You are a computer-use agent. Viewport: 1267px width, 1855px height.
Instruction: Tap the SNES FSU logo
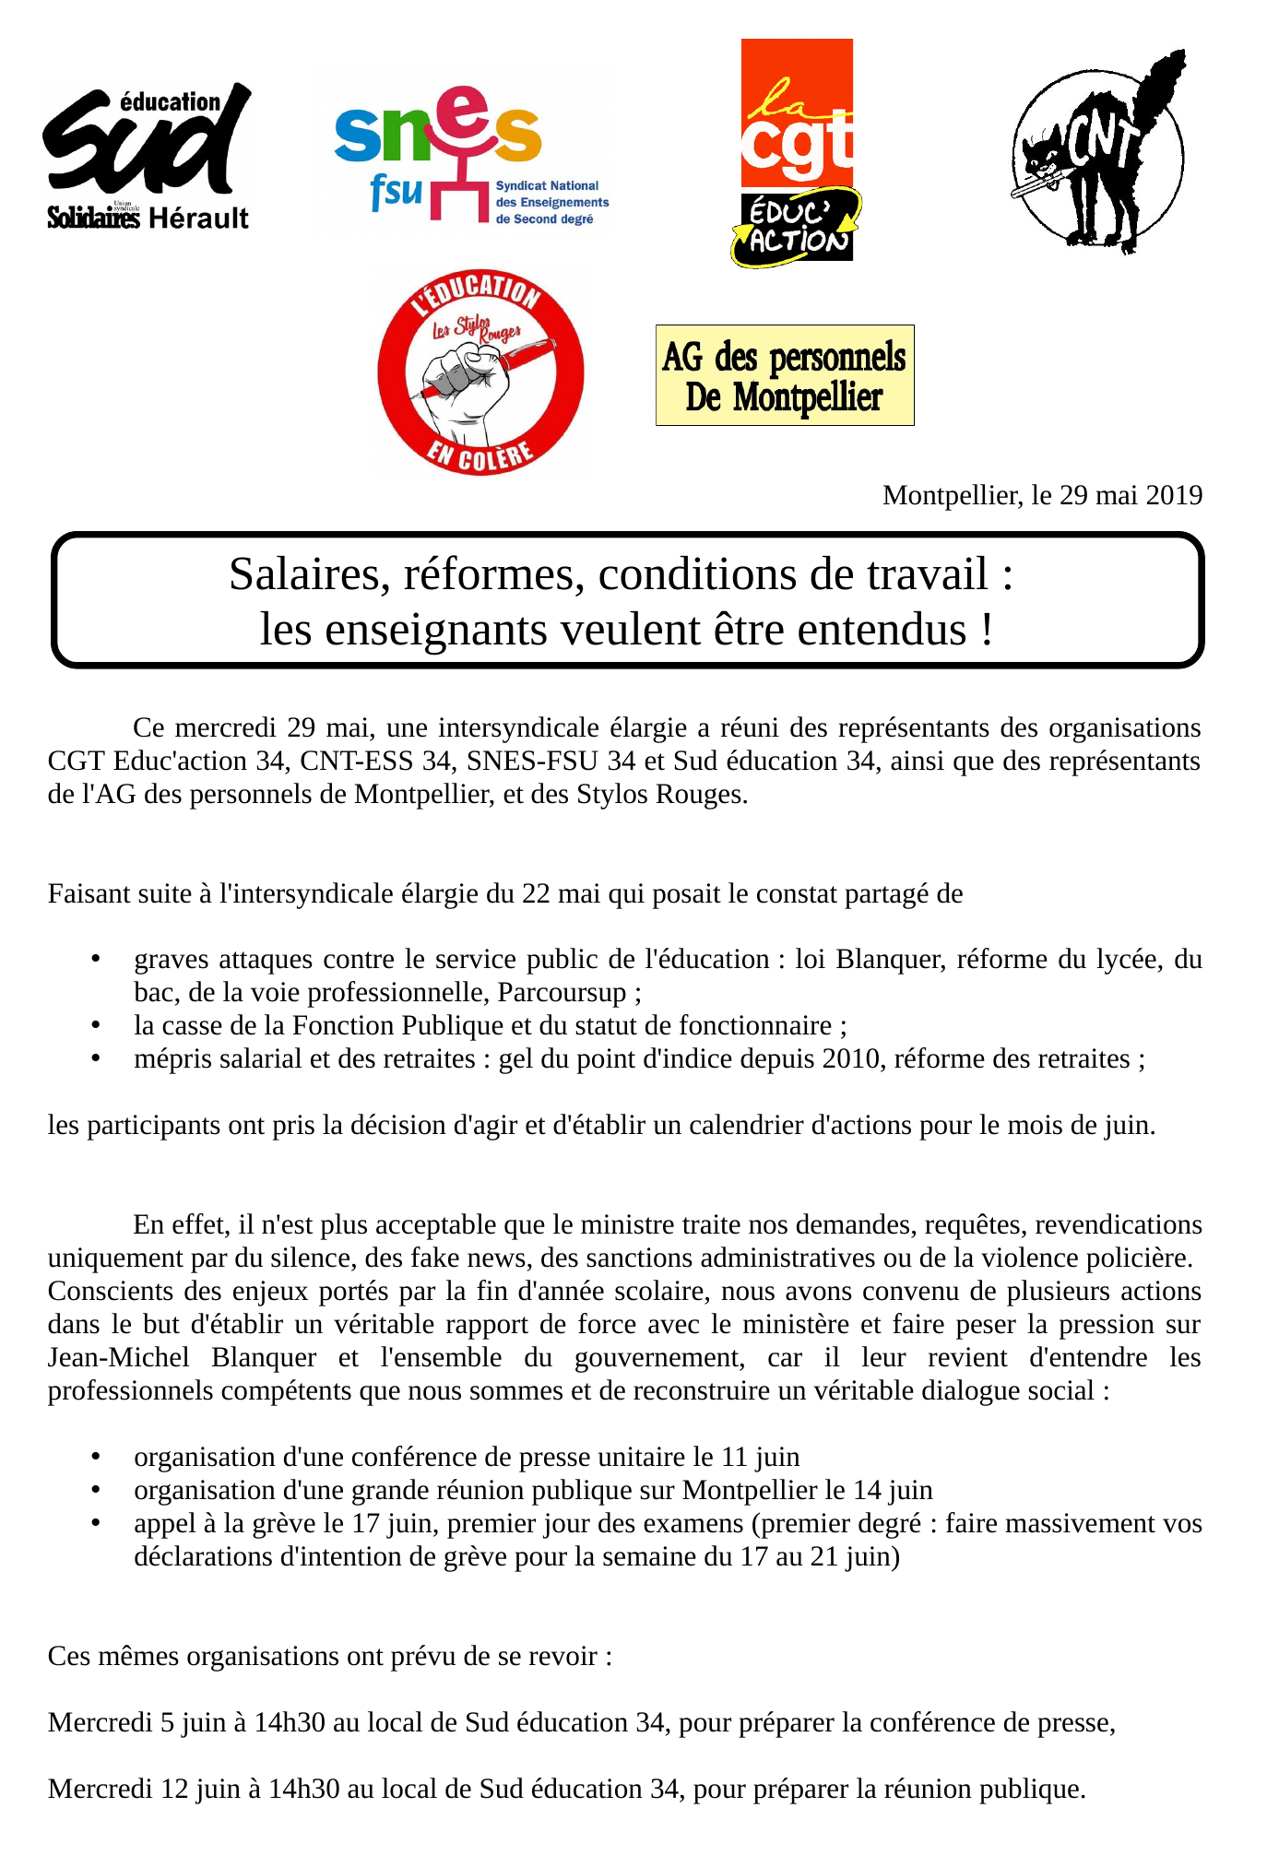tap(461, 153)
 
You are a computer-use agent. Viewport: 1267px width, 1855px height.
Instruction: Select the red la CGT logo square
tap(797, 112)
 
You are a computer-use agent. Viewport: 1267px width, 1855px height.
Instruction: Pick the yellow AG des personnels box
tap(785, 375)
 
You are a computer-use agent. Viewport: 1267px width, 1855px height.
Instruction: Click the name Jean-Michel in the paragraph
tap(118, 1357)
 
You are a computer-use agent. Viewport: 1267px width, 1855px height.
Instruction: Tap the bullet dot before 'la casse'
tap(94, 1025)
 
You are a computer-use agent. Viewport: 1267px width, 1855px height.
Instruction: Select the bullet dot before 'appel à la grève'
tap(94, 1523)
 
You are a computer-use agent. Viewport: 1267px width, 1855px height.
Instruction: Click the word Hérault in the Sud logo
tap(198, 219)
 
